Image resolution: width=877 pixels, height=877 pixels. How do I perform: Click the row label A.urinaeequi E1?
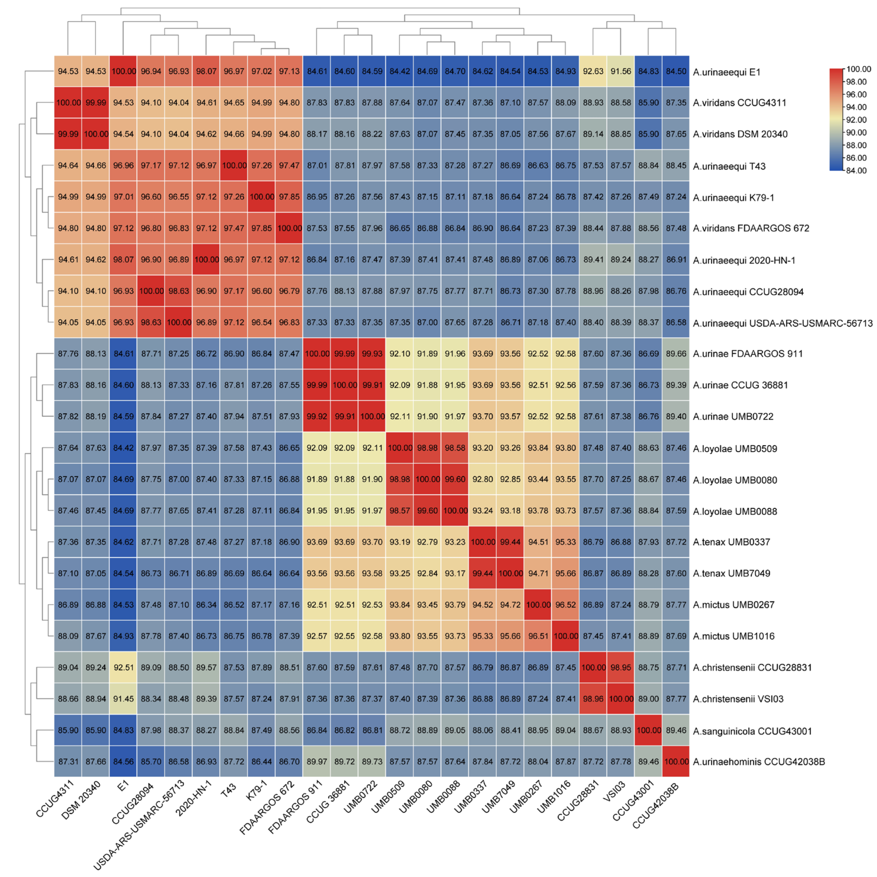click(726, 72)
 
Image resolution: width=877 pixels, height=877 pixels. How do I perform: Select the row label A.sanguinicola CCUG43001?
click(752, 731)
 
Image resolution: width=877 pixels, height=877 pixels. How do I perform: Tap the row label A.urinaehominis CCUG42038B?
click(758, 762)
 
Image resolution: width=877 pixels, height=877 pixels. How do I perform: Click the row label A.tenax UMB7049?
click(731, 573)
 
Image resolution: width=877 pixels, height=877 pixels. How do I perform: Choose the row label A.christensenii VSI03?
click(738, 699)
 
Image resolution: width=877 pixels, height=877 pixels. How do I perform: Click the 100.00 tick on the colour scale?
click(858, 69)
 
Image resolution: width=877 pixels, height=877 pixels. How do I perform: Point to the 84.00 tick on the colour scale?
click(856, 171)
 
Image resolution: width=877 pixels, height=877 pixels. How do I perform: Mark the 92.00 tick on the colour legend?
click(856, 120)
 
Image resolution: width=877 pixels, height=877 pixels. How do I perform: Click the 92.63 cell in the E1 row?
click(593, 71)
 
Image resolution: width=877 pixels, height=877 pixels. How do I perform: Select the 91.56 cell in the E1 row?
click(621, 71)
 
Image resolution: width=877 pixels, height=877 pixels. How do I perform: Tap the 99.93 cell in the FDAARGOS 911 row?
click(372, 354)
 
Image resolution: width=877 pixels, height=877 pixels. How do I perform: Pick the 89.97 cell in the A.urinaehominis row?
click(316, 762)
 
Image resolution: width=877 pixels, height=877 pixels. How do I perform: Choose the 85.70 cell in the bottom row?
click(151, 762)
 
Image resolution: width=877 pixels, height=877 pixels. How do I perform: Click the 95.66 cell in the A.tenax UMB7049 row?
click(565, 573)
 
